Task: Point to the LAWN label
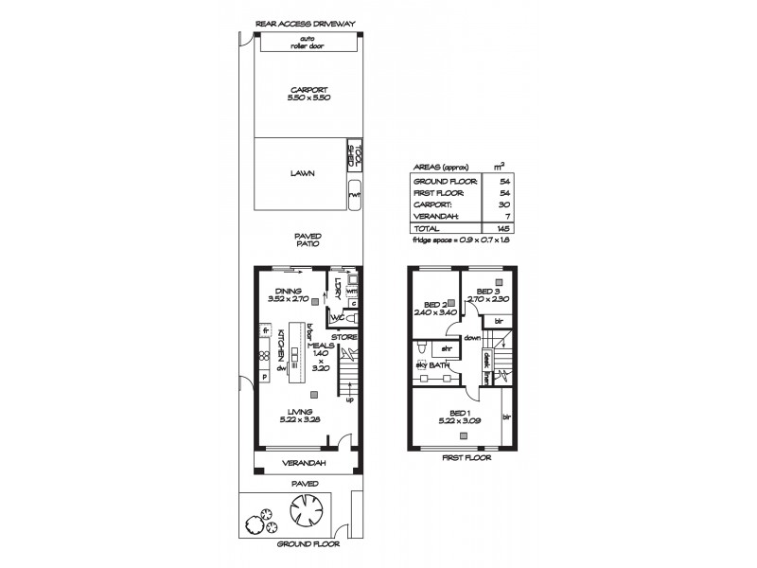pos(303,174)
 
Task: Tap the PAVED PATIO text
pos(308,240)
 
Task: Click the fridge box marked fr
pos(265,330)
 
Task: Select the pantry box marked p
pos(264,376)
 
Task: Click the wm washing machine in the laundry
pos(350,292)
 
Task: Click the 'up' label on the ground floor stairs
pos(349,399)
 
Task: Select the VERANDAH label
pos(305,463)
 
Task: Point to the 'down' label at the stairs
pos(472,336)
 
